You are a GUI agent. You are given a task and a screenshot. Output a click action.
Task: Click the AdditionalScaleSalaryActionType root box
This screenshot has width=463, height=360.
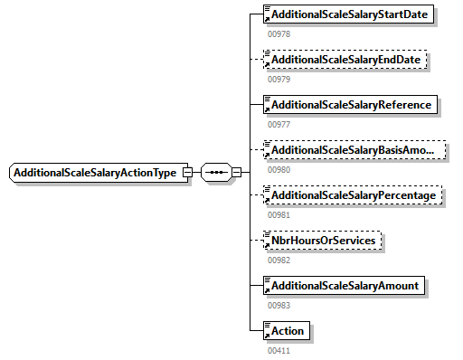[95, 173]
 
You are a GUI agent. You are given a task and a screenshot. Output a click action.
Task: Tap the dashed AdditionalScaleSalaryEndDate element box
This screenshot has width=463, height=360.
[346, 60]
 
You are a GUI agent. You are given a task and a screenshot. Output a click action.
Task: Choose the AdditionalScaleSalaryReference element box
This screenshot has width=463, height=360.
[350, 105]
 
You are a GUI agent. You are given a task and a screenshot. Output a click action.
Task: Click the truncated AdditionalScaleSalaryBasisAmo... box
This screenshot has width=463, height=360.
[354, 150]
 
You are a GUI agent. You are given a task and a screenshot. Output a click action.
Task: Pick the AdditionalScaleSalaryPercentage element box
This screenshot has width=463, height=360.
[354, 195]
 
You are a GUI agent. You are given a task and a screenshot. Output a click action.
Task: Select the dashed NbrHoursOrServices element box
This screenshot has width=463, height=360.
[322, 241]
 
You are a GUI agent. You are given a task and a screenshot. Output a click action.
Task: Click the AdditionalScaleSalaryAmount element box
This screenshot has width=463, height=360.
[344, 286]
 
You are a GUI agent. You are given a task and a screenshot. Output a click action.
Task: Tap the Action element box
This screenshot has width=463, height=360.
[286, 331]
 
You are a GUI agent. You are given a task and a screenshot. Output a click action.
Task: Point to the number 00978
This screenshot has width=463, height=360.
[279, 33]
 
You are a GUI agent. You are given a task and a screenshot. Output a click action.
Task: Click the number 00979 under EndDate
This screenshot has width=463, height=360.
[279, 79]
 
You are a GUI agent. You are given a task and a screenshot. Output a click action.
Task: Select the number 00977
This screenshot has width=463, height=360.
[279, 124]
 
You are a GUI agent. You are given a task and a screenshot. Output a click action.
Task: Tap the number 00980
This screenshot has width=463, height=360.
[279, 169]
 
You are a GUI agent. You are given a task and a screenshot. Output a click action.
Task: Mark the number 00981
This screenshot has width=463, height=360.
[279, 214]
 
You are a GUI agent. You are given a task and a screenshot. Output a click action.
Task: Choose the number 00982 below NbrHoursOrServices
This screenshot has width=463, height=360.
[279, 260]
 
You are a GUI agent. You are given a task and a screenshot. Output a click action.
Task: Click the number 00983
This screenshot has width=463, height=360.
[279, 305]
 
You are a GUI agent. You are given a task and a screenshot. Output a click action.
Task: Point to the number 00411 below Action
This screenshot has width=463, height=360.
[279, 349]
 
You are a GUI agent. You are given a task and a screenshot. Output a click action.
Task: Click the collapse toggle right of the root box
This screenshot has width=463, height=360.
[187, 173]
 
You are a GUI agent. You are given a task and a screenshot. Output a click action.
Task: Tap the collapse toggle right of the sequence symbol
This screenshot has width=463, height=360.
[236, 173]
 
